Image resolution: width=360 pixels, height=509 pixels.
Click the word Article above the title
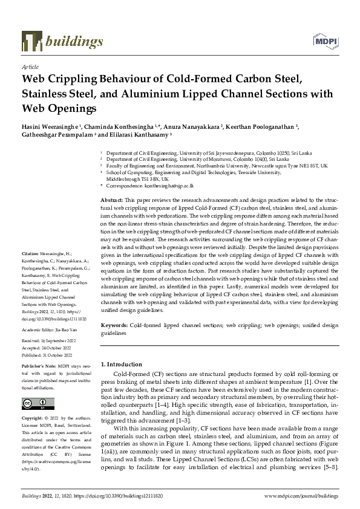[x=30, y=66]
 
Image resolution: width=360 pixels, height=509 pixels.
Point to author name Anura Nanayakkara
[x=192, y=126]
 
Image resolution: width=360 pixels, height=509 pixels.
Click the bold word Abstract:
[x=112, y=198]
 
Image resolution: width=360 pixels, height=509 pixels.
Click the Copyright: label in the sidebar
[x=33, y=418]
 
